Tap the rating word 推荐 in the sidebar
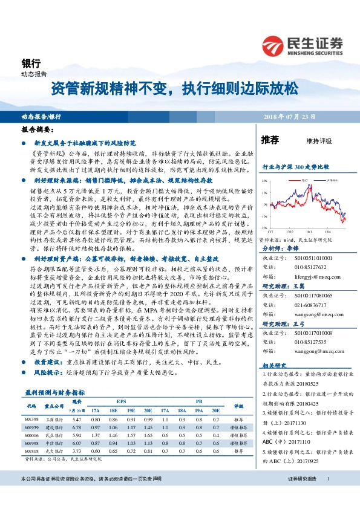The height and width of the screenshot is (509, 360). (270, 140)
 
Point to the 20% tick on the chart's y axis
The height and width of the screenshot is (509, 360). (265, 181)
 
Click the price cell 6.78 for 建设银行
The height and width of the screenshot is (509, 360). (77, 427)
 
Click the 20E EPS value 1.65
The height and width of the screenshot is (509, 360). (148, 435)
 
